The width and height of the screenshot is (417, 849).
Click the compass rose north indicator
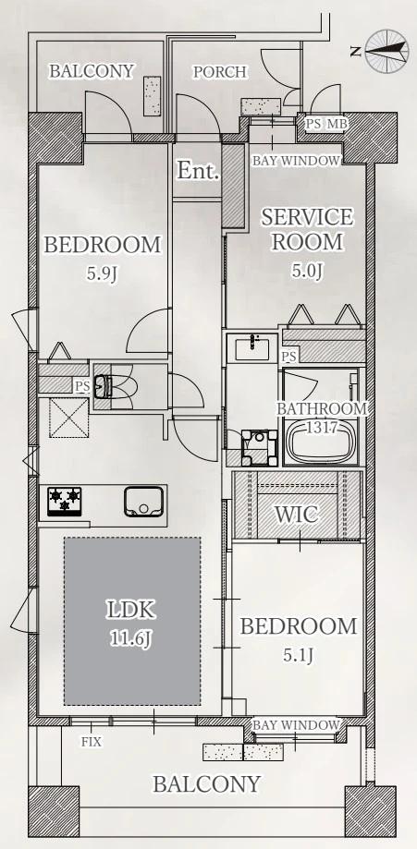pyautogui.click(x=386, y=52)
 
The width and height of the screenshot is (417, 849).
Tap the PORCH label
pyautogui.click(x=220, y=72)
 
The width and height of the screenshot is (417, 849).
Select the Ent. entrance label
pyautogui.click(x=199, y=171)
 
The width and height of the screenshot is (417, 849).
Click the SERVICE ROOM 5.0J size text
pyautogui.click(x=307, y=271)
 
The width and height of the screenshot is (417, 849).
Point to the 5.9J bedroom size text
pyautogui.click(x=102, y=273)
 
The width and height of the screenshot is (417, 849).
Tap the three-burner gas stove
pyautogui.click(x=65, y=501)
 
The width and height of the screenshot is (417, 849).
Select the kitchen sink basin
pyautogui.click(x=143, y=502)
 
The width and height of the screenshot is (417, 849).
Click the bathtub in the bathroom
pyautogui.click(x=321, y=443)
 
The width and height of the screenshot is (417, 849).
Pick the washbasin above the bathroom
pyautogui.click(x=252, y=347)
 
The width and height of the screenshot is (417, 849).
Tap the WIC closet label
pyautogui.click(x=296, y=515)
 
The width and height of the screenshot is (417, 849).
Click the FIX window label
pyautogui.click(x=92, y=742)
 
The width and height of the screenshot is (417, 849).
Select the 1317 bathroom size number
pyautogui.click(x=322, y=427)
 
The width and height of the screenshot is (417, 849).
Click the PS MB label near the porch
pyautogui.click(x=325, y=124)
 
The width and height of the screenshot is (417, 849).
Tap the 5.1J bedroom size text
pyautogui.click(x=299, y=656)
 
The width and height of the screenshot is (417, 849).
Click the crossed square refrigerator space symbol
pyautogui.click(x=68, y=418)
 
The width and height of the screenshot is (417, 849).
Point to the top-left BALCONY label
pyautogui.click(x=92, y=71)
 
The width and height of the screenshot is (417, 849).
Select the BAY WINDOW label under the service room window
pyautogui.click(x=297, y=161)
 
